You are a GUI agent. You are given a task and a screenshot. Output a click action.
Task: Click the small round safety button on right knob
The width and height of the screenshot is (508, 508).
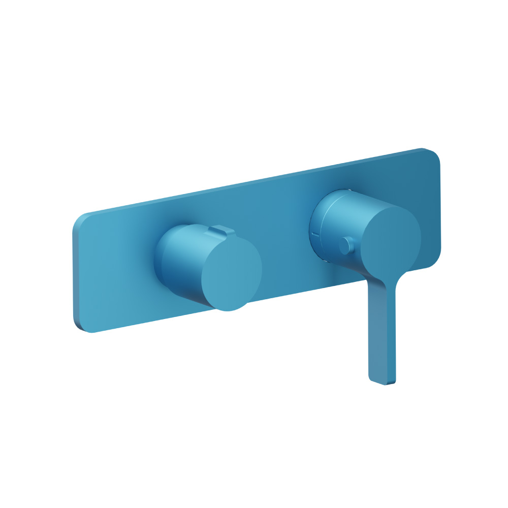[346, 246]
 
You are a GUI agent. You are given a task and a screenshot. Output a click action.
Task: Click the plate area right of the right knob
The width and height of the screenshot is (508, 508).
[429, 203]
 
